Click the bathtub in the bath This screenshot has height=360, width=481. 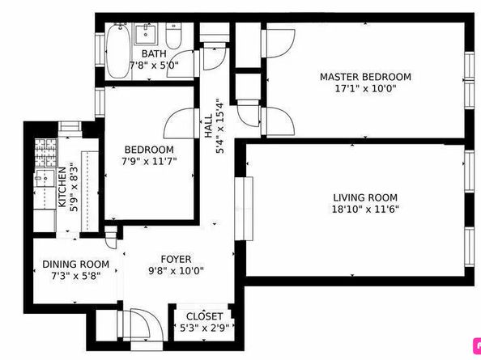pyautogui.click(x=117, y=51)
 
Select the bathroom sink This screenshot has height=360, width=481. pyautogui.click(x=146, y=34)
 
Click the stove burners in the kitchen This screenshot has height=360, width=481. pyautogui.click(x=46, y=153)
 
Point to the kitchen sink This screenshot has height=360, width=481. pyautogui.click(x=45, y=178)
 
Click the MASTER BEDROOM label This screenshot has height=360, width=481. pyautogui.click(x=365, y=77)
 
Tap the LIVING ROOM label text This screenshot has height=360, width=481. pyautogui.click(x=365, y=197)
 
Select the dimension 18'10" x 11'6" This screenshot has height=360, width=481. pyautogui.click(x=365, y=210)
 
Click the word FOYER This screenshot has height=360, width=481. pyautogui.click(x=176, y=259)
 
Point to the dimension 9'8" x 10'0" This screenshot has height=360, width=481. pyautogui.click(x=176, y=271)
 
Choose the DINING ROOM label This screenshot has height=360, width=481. pyautogui.click(x=76, y=264)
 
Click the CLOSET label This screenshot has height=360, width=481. pyautogui.click(x=204, y=316)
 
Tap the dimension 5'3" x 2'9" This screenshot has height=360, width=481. pyautogui.click(x=204, y=328)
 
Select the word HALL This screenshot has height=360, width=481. pyautogui.click(x=208, y=125)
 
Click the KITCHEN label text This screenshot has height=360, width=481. pyautogui.click(x=62, y=187)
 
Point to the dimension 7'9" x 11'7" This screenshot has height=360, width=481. pyautogui.click(x=149, y=161)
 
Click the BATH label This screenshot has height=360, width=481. pyautogui.click(x=154, y=54)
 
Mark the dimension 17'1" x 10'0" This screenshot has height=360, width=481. pyautogui.click(x=365, y=89)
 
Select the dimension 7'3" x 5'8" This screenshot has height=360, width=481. pyautogui.click(x=76, y=276)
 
